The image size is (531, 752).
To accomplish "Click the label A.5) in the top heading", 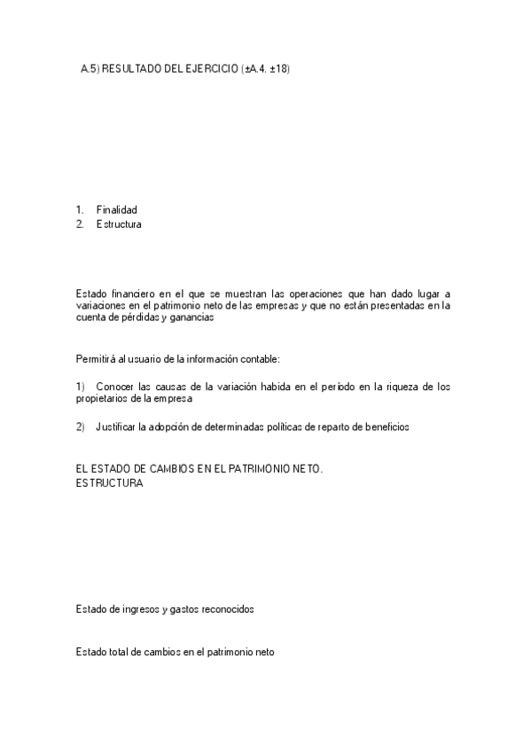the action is tap(90, 67).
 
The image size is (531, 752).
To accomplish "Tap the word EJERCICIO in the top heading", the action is tap(209, 67).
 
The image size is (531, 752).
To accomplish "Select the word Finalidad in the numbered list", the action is tap(116, 210).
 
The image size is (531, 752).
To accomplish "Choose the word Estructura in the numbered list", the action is tap(119, 224).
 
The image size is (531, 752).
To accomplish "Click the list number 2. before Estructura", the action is tap(81, 224).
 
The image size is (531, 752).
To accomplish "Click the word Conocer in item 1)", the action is tap(115, 387).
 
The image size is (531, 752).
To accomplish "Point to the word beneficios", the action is tap(385, 427).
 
